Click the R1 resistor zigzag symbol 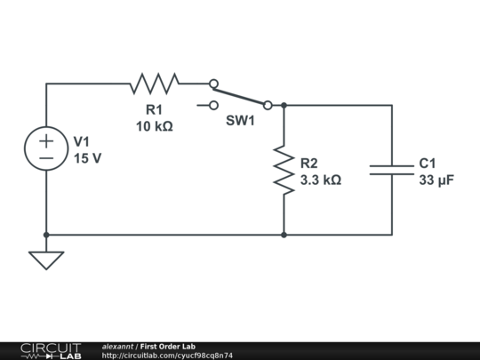[155, 84]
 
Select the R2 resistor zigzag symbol [284, 170]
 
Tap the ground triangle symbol [46, 260]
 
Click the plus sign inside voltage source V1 [46, 141]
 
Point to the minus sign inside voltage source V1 [46, 158]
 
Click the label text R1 [154, 110]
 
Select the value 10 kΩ [155, 126]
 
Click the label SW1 [240, 121]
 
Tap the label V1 [82, 141]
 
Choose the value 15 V [87, 158]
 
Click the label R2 [308, 164]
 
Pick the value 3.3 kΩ [321, 180]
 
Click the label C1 [428, 164]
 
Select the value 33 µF [436, 180]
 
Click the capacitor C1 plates [392, 170]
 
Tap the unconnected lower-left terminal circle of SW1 [213, 105]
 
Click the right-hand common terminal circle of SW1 [268, 105]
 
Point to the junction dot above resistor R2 [284, 105]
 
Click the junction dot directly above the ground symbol [46, 235]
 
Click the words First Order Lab [168, 347]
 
